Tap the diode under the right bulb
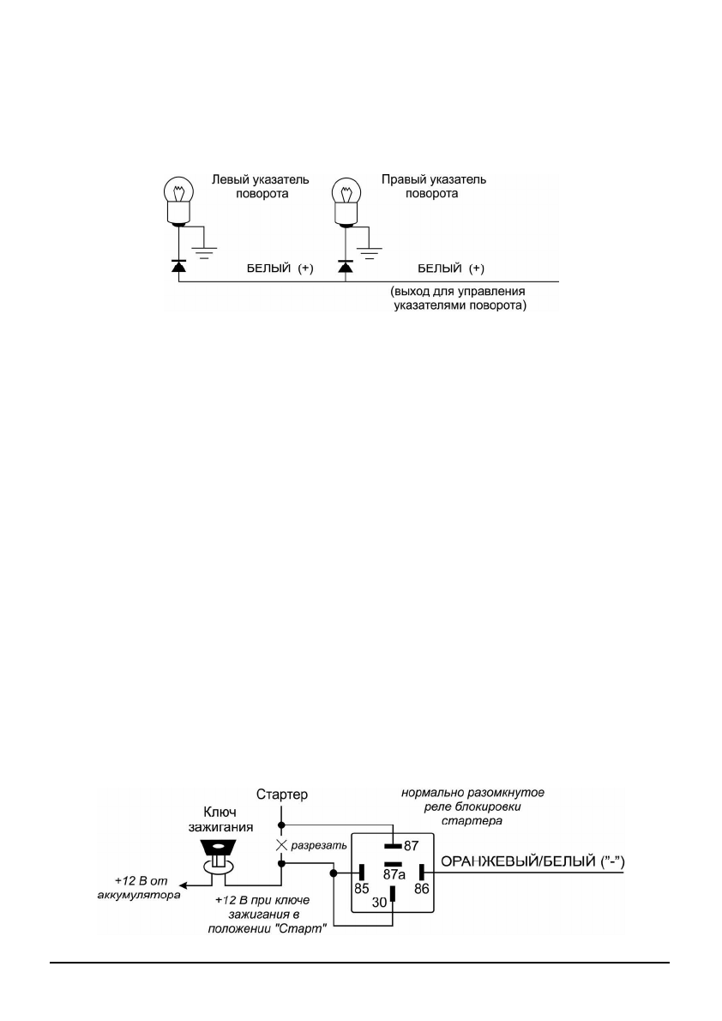345,268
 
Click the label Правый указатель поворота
433,187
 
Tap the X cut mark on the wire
280,844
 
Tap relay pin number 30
380,903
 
